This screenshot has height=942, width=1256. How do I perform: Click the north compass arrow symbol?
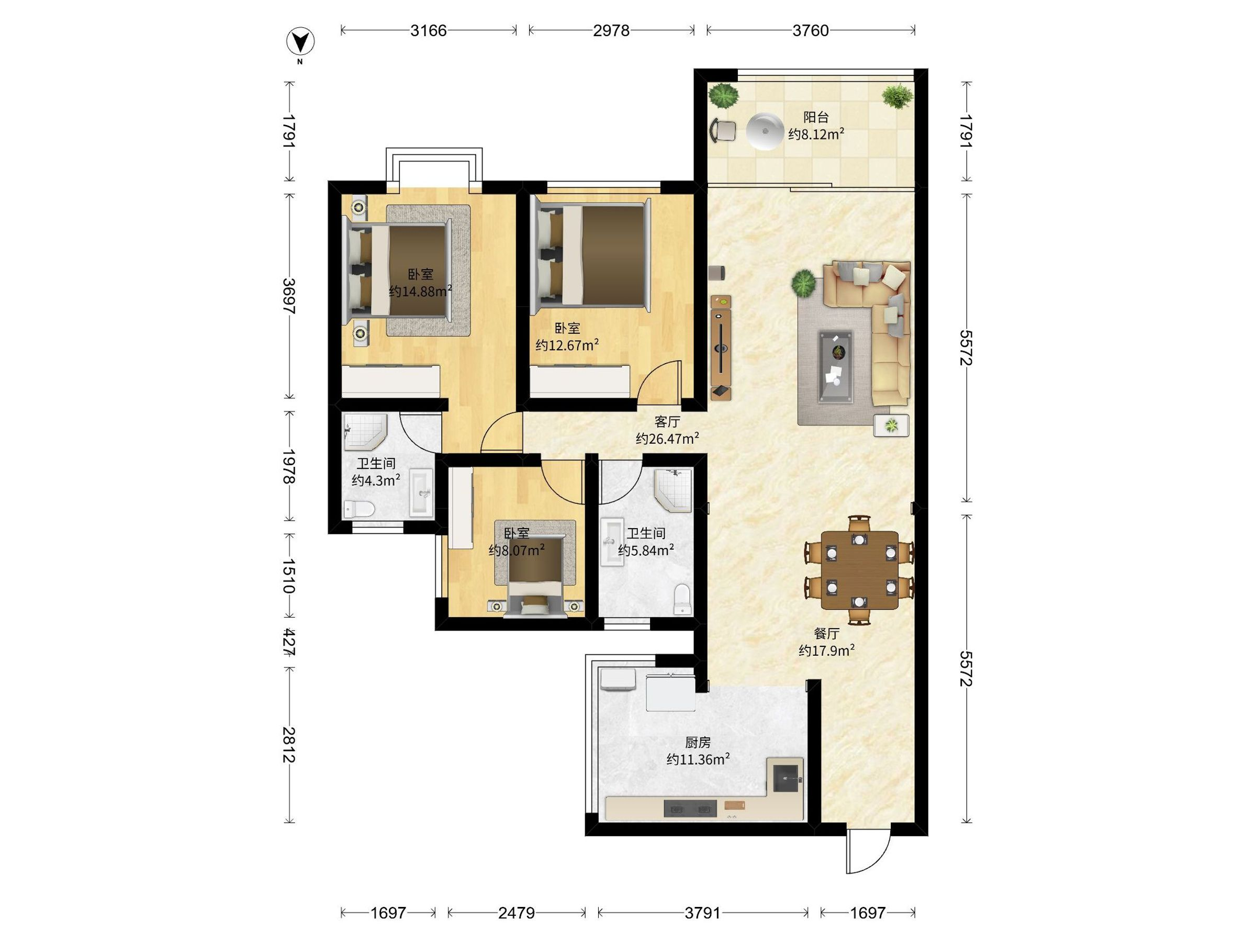pyautogui.click(x=300, y=41)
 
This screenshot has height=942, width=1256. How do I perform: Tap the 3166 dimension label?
pyautogui.click(x=429, y=30)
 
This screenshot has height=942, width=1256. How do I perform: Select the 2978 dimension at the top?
pyautogui.click(x=612, y=30)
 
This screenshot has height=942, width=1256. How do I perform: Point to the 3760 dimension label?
pyautogui.click(x=811, y=30)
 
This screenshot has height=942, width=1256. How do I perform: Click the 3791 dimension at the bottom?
pyautogui.click(x=703, y=913)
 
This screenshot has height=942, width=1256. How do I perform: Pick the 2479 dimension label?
pyautogui.click(x=517, y=913)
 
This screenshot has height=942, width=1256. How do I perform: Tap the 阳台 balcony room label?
pyautogui.click(x=816, y=118)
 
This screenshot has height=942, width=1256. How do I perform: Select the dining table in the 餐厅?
pyautogui.click(x=860, y=570)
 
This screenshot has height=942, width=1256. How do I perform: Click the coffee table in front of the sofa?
pyautogui.click(x=835, y=367)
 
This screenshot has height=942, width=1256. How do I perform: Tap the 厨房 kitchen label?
pyautogui.click(x=698, y=742)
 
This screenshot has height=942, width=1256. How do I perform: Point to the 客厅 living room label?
pyautogui.click(x=667, y=422)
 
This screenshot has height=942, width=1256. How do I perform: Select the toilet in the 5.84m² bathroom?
pyautogui.click(x=682, y=599)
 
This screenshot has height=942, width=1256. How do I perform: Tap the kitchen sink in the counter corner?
pyautogui.click(x=786, y=775)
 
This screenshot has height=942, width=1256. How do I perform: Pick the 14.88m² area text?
pyautogui.click(x=420, y=291)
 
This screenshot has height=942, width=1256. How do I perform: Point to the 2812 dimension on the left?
pyautogui.click(x=289, y=745)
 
